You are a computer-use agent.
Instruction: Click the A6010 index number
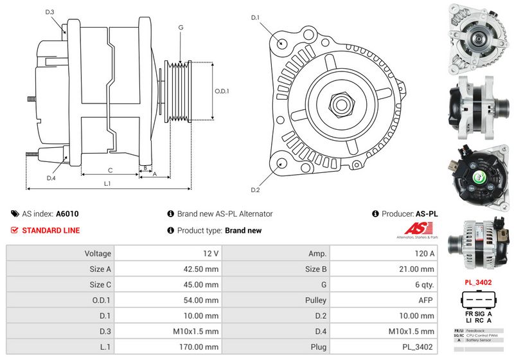67,213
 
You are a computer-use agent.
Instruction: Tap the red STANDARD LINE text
51,230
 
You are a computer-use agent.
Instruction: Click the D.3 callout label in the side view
50,12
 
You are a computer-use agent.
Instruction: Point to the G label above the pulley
181,28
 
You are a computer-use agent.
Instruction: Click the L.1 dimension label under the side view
107,184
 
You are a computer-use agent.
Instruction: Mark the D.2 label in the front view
255,190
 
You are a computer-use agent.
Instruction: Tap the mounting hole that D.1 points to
283,43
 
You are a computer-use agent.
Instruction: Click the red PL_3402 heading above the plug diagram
478,282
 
